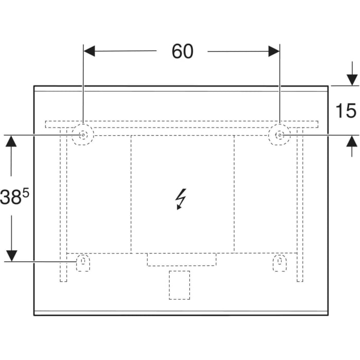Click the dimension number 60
coord(182,51)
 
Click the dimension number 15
coord(346,111)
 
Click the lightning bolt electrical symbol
coord(181,199)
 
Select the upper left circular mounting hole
coord(83,135)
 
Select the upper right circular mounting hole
coord(280,135)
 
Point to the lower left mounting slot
coord(82,263)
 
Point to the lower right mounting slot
coord(280,263)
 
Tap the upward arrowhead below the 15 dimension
coord(352,141)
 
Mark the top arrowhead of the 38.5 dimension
coord(11,141)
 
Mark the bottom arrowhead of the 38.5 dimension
coord(11,256)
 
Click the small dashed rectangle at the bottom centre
coord(179,285)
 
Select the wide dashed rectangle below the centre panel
coord(182,259)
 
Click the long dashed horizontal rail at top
coord(182,124)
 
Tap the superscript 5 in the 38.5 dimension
coord(26,192)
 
